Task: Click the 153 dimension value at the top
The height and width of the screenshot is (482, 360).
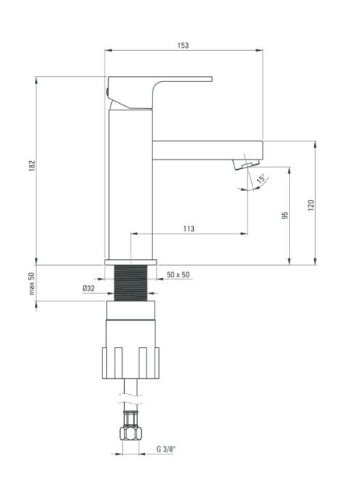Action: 183,45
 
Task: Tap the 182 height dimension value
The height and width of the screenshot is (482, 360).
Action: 32,166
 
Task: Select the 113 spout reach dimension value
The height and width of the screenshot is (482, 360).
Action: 189,229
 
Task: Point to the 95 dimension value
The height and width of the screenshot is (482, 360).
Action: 285,215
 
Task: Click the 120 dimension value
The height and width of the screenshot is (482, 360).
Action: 311,205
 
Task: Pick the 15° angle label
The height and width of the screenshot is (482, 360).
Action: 261,179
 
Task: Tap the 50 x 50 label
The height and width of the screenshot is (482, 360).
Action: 179,274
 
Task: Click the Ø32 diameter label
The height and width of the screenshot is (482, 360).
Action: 89,288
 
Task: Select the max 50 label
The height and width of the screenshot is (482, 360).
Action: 32,283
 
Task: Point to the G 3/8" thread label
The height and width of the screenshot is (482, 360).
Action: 166,449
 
